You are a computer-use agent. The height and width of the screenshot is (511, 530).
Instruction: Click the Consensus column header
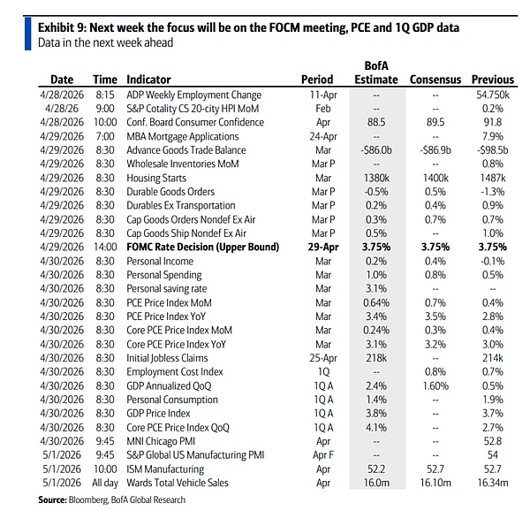pyautogui.click(x=435, y=80)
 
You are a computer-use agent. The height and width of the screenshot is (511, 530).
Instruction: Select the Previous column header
pyautogui.click(x=492, y=80)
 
